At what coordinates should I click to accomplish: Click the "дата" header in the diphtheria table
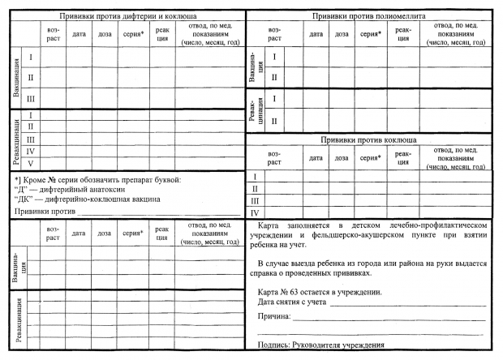(79, 34)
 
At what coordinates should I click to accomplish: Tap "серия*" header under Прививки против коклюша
(371, 157)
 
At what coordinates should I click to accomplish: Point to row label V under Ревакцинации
(31, 163)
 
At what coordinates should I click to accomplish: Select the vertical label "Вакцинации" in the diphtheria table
(16, 78)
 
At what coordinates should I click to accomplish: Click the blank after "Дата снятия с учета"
(406, 302)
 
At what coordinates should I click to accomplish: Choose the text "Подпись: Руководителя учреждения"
(320, 346)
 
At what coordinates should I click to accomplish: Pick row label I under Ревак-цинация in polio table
(274, 99)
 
